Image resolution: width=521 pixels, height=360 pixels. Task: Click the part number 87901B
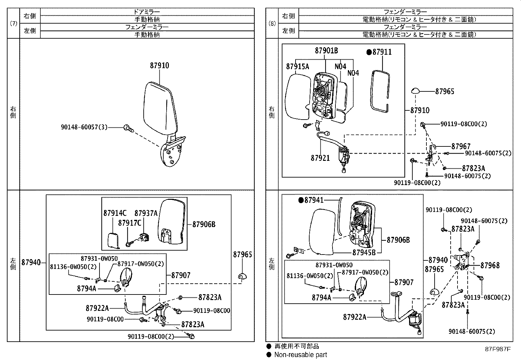[326, 50]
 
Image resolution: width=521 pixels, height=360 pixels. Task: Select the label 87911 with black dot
[379, 52]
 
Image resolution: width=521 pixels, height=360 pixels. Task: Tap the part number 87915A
[297, 66]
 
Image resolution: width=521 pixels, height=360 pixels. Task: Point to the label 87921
[320, 158]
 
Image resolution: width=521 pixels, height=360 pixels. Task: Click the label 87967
[461, 146]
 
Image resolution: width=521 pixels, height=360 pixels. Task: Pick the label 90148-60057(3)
[84, 127]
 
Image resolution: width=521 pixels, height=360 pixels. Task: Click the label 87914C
[115, 213]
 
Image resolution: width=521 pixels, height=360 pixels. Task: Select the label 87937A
[146, 213]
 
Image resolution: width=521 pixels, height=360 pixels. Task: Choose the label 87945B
[364, 253]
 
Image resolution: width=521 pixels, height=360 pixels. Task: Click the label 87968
[490, 265]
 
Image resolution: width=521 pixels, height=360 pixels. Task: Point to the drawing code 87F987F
[497, 349]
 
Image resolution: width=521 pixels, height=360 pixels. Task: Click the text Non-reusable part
[300, 354]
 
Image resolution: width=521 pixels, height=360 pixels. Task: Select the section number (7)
[13, 23]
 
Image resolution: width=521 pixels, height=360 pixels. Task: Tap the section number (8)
[272, 23]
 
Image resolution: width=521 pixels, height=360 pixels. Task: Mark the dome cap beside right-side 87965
[416, 91]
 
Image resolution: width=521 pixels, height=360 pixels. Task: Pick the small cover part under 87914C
[113, 240]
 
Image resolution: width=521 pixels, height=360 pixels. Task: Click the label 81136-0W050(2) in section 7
[73, 267]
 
